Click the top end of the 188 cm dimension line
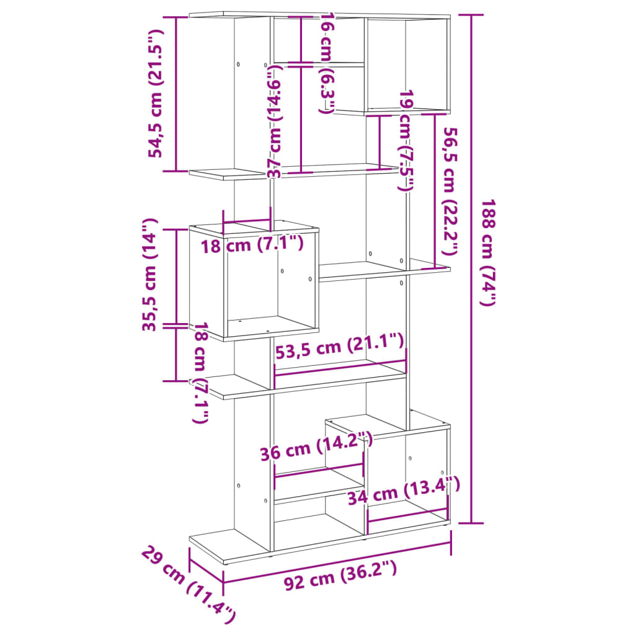(471, 15)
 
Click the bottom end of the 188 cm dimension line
(471, 523)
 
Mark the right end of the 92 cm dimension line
(451, 543)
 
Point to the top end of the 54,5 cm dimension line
(175, 17)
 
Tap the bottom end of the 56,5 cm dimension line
(435, 268)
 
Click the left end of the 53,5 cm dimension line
(275, 376)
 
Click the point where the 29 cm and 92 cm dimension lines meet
(223, 582)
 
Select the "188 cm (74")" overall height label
(489, 253)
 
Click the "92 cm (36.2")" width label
(340, 575)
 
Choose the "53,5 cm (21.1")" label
(339, 346)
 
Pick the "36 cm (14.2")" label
(316, 446)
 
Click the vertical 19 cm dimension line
(380, 142)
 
